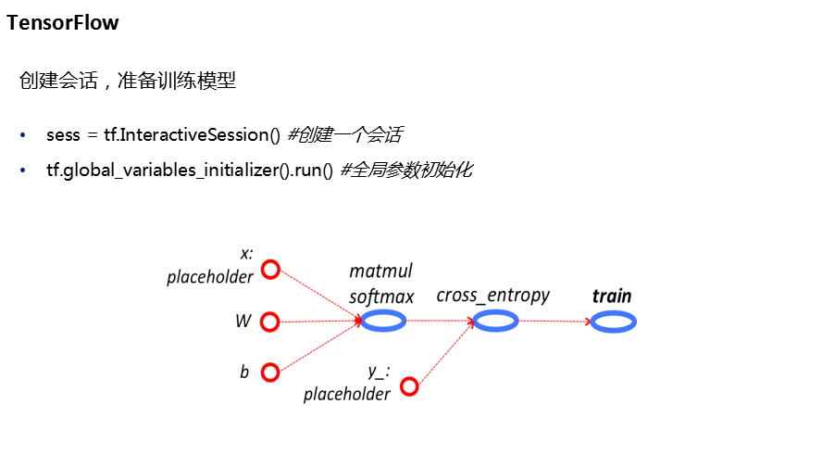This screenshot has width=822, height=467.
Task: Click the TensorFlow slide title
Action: pyautogui.click(x=63, y=23)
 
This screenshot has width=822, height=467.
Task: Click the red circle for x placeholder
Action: pyautogui.click(x=270, y=270)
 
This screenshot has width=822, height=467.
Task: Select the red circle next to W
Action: pyautogui.click(x=270, y=322)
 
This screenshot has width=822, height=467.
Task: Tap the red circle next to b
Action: pyautogui.click(x=270, y=372)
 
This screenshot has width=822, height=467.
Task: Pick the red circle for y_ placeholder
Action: pyautogui.click(x=409, y=386)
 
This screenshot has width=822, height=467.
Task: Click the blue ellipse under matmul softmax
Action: pyautogui.click(x=383, y=321)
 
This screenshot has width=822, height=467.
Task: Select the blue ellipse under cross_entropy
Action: pyautogui.click(x=495, y=321)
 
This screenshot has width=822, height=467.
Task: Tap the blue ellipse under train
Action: pyautogui.click(x=613, y=322)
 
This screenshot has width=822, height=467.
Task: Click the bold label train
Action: pyautogui.click(x=612, y=297)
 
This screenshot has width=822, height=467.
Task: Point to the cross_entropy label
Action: pyautogui.click(x=492, y=296)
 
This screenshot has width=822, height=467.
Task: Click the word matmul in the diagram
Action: pyautogui.click(x=380, y=271)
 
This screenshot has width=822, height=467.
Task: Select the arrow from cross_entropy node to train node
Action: pyautogui.click(x=554, y=322)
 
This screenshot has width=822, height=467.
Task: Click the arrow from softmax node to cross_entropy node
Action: pyautogui.click(x=440, y=321)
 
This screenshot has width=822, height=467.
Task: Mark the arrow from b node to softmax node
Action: pyautogui.click(x=319, y=346)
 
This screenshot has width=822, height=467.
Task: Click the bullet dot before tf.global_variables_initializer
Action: pyautogui.click(x=23, y=170)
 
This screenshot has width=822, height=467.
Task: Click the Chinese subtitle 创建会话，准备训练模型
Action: pyautogui.click(x=128, y=82)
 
